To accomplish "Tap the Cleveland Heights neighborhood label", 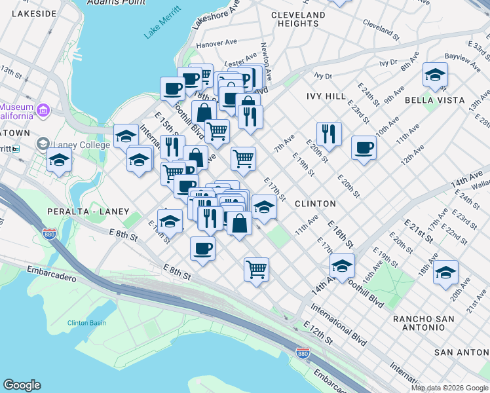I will (x=297, y=19).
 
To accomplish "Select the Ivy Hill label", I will (x=326, y=96).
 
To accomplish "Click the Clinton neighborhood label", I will (x=315, y=204).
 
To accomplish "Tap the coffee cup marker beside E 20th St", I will (x=364, y=147).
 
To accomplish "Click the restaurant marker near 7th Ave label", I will (x=329, y=134).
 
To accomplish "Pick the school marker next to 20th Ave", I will (x=445, y=272).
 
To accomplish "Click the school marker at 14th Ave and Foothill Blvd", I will (x=342, y=266).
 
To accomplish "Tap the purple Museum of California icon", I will (x=43, y=109).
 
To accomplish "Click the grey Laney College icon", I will (x=43, y=143).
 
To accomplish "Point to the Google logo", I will (x=22, y=385).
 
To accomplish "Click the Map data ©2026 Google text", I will (x=449, y=388).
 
